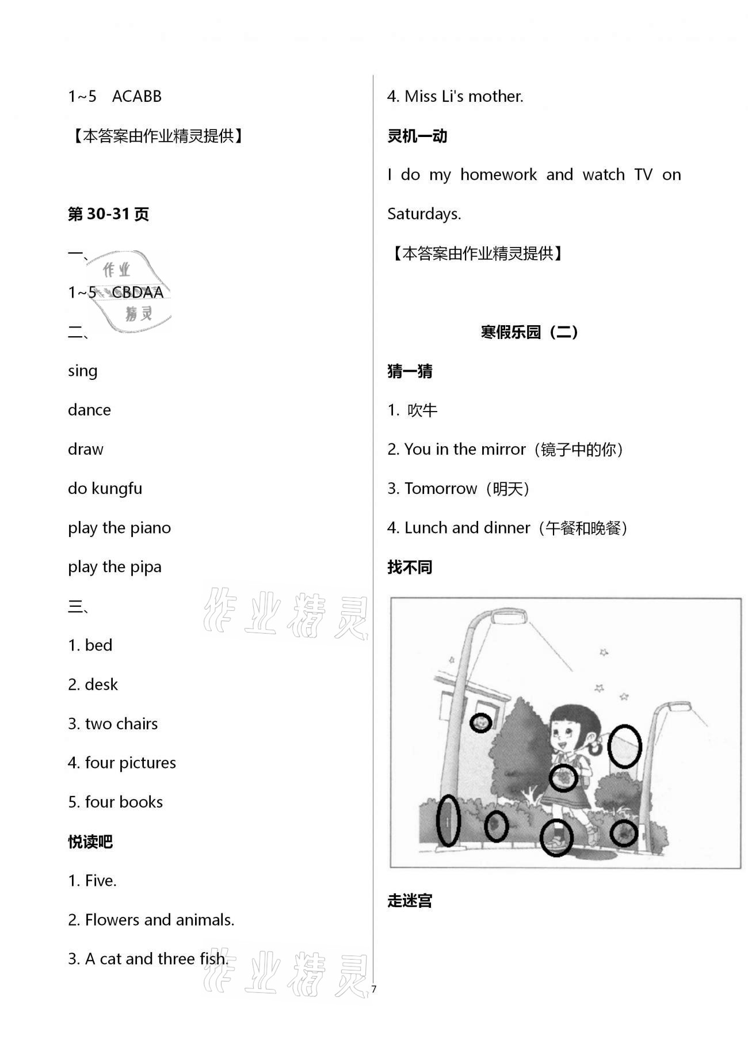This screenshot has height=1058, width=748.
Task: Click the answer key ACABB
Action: click(x=136, y=96)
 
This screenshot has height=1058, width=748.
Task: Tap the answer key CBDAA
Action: click(x=138, y=292)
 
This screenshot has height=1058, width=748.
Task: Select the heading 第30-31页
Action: click(x=108, y=214)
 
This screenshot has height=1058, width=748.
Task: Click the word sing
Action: click(x=82, y=371)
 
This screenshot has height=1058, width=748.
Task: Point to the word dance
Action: click(x=89, y=410)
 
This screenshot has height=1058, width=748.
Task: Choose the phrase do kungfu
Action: click(x=105, y=489)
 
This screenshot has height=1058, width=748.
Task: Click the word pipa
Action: click(x=145, y=567)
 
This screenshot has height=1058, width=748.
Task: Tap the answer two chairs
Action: click(x=121, y=724)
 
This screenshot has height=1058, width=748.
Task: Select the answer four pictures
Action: click(x=130, y=763)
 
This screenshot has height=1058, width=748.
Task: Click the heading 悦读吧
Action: click(x=90, y=842)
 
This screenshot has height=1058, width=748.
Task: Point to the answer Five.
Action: click(x=100, y=881)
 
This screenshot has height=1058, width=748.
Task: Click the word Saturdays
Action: click(x=423, y=214)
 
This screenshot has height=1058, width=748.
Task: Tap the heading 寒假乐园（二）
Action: click(x=529, y=332)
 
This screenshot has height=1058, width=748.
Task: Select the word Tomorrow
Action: click(x=440, y=489)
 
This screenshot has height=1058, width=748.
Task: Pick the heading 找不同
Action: click(x=409, y=567)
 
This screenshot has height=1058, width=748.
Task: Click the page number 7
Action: click(x=374, y=989)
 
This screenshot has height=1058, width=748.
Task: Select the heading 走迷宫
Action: click(x=409, y=900)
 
